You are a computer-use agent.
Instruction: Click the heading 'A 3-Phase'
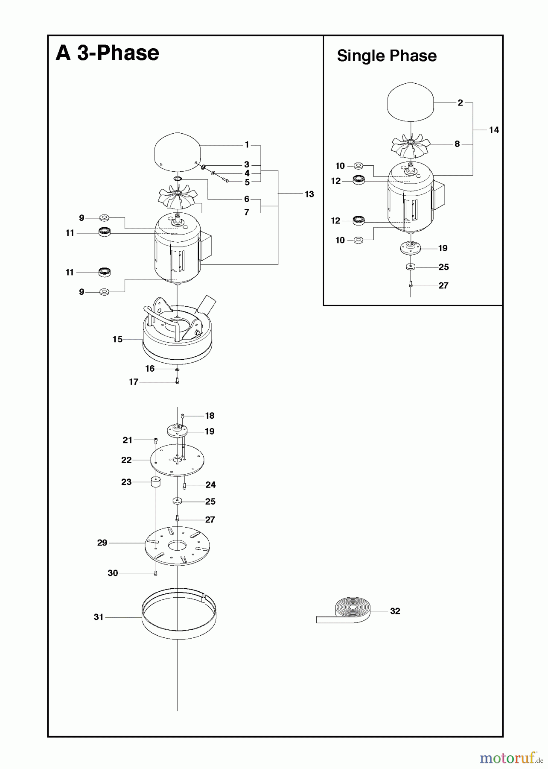coord(107,53)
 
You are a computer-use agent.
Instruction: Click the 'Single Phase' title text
coord(387,56)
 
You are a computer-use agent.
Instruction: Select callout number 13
coord(309,194)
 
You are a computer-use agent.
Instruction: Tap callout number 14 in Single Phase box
coord(494,130)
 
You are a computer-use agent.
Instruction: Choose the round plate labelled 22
coord(177,460)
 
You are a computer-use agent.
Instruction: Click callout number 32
coord(395,611)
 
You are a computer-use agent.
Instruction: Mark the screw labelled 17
coord(177,381)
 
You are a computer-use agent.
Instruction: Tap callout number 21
coord(127,440)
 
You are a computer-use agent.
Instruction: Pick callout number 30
coord(113,573)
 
